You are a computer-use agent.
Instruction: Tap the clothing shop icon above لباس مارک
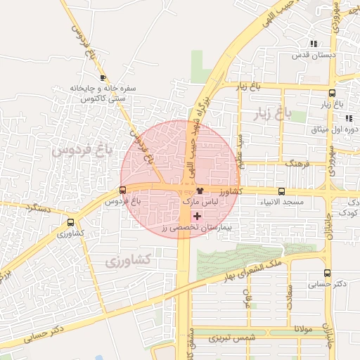click(200, 191)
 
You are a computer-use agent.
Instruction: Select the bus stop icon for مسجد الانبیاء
click(282, 191)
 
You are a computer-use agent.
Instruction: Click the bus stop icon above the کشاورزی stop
click(70, 221)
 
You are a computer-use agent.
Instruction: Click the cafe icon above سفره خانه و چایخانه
click(103, 77)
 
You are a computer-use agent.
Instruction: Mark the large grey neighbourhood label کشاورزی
click(129, 261)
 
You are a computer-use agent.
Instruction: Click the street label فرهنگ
click(298, 163)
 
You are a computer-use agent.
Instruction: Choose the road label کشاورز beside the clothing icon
click(229, 191)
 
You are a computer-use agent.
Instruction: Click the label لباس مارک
click(200, 202)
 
